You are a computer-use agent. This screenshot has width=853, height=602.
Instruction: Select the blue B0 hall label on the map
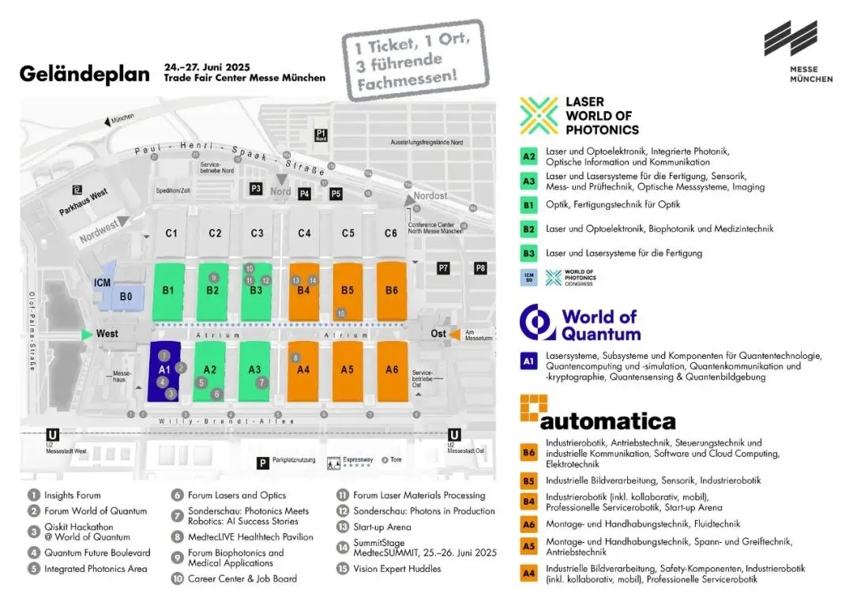pos(126,297)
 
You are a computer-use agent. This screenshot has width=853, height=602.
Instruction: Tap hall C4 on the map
pos(304,234)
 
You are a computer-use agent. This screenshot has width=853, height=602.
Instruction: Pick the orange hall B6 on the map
pos(392,290)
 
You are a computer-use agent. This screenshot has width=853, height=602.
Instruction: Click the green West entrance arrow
pos(87,334)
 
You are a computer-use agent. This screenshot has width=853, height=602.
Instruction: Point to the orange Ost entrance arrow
pos(455,334)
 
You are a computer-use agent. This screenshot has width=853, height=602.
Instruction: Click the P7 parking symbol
pos(444,268)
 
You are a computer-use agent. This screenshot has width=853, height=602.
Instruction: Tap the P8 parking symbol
pos(480,268)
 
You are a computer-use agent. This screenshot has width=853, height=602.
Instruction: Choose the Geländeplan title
pos(85,74)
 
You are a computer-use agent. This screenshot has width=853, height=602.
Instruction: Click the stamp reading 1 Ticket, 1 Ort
pos(415,60)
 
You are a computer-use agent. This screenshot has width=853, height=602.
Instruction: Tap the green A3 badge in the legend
pos(529,181)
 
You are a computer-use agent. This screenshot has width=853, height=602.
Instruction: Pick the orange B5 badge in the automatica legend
pos(529,480)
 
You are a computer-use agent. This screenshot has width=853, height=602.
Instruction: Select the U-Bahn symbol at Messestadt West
pos(53,435)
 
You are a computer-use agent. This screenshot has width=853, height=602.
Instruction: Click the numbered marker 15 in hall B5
pos(341,313)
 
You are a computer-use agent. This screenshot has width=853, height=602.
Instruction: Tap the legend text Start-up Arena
pos(382,526)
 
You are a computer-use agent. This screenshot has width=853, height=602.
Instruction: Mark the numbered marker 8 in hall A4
pos(295,357)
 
